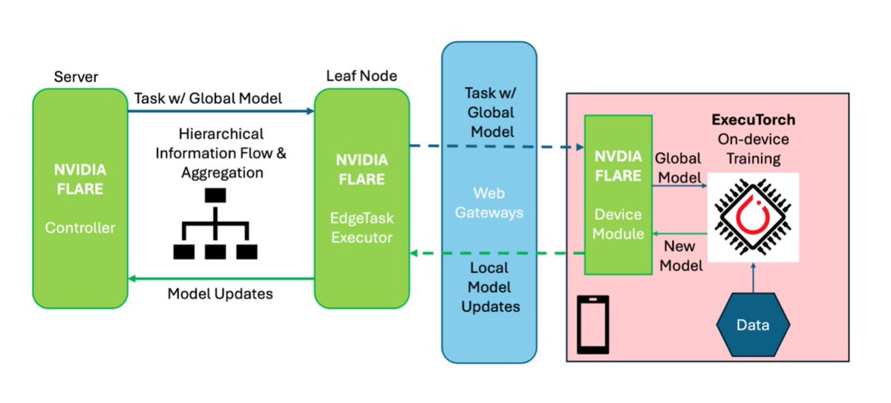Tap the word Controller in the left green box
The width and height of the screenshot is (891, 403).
[79, 228]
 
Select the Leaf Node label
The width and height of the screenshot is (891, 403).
[362, 76]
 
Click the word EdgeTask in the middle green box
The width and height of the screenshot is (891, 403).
[362, 218]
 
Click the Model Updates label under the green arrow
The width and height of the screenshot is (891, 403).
[220, 294]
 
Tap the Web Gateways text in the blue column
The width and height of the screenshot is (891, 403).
[489, 203]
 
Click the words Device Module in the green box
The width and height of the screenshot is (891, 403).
[618, 224]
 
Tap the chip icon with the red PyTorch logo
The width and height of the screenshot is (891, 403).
[753, 217]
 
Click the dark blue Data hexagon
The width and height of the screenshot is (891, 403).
[753, 325]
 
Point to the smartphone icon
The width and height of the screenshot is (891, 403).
[593, 325]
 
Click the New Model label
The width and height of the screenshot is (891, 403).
[681, 255]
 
